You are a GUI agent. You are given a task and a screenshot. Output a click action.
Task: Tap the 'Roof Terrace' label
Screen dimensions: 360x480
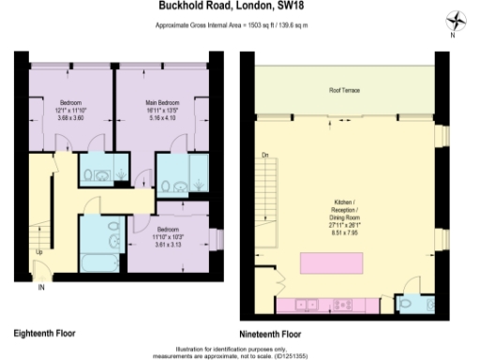[x=343, y=90]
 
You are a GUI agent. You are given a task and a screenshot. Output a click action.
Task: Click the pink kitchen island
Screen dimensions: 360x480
[x=330, y=262]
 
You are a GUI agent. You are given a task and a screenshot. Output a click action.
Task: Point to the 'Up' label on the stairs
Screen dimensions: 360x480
[x=38, y=252]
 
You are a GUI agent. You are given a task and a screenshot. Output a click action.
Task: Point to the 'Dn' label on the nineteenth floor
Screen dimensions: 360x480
[x=265, y=155]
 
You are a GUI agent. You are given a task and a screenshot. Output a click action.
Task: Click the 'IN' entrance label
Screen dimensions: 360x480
[x=41, y=288]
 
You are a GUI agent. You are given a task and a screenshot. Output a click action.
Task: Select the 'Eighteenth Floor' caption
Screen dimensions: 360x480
[x=44, y=332]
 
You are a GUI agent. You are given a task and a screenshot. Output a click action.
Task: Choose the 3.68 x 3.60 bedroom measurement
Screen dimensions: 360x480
[x=70, y=117]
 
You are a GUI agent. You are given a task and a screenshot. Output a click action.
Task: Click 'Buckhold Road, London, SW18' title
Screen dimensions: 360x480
[x=240, y=6]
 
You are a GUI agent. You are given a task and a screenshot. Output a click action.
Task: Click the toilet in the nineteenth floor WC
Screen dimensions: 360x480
[x=413, y=305]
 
